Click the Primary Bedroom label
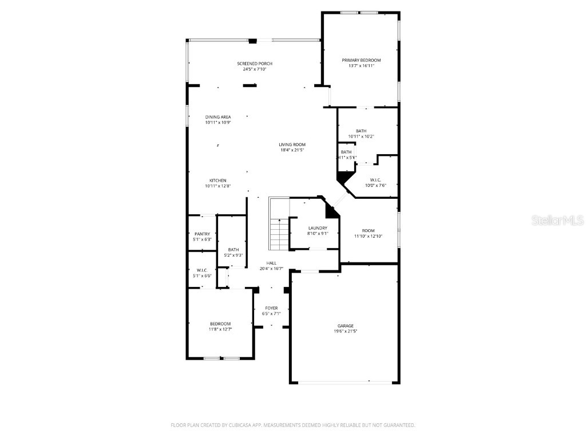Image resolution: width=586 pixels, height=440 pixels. pyautogui.click(x=361, y=60)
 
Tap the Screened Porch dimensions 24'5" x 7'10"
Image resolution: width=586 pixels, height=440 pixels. pyautogui.click(x=255, y=69)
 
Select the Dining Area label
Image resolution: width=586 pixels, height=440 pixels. pyautogui.click(x=217, y=117)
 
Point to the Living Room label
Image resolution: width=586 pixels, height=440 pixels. pyautogui.click(x=292, y=144)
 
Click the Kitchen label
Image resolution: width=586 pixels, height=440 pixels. pyautogui.click(x=217, y=180)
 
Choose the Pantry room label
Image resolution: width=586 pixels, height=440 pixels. pyautogui.click(x=202, y=234)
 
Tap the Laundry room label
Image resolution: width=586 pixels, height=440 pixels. pyautogui.click(x=318, y=228)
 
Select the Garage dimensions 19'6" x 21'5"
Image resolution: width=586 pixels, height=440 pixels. pyautogui.click(x=345, y=331)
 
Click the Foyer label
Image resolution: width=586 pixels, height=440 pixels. pyautogui.click(x=271, y=308)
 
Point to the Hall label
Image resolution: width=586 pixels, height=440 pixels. pyautogui.click(x=271, y=263)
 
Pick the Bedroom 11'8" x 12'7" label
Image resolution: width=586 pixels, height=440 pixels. pyautogui.click(x=220, y=324)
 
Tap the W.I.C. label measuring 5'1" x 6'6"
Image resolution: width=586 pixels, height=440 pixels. pyautogui.click(x=201, y=270)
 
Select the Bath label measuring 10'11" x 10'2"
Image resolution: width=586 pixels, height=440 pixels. pyautogui.click(x=361, y=131)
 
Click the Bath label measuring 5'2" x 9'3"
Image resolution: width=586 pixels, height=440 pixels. pyautogui.click(x=233, y=250)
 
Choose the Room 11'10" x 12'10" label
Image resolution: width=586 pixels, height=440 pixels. pyautogui.click(x=368, y=230)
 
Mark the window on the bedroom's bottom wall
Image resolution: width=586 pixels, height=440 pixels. pyautogui.click(x=221, y=359)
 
